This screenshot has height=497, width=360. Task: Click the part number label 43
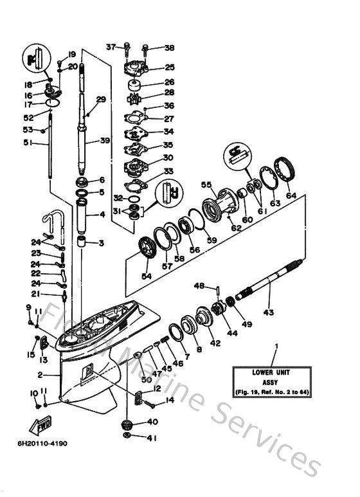click(268, 312)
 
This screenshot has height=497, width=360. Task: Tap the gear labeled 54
click(148, 248)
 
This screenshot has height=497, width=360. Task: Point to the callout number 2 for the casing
click(40, 374)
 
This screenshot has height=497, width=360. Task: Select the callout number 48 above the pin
click(199, 285)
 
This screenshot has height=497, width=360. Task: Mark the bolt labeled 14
click(150, 404)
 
